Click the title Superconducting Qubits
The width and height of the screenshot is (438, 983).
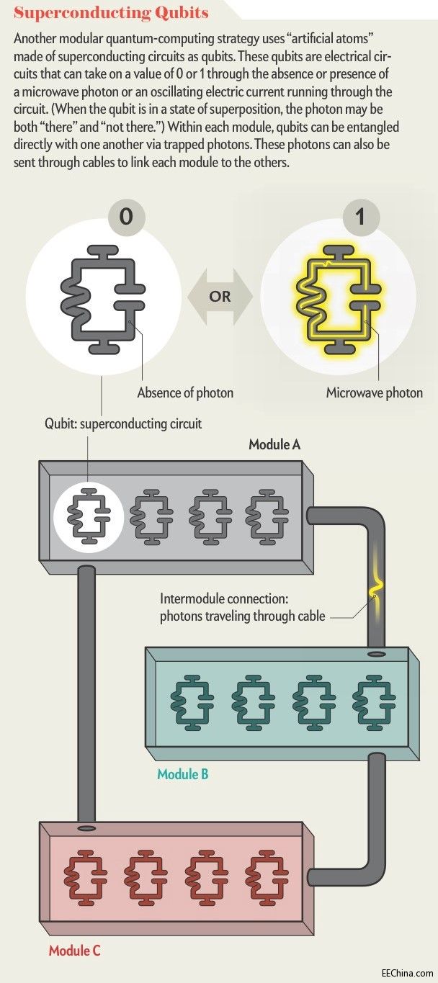(x=112, y=13)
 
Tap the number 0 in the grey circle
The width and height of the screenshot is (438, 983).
(x=126, y=216)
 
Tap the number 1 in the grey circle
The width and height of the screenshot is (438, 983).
(x=361, y=216)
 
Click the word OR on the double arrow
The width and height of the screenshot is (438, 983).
(x=221, y=296)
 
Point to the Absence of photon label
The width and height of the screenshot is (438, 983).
(x=185, y=393)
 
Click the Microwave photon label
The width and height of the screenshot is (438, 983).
(x=374, y=393)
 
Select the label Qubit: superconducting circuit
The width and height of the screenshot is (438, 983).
(x=123, y=423)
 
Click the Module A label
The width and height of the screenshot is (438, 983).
(x=274, y=444)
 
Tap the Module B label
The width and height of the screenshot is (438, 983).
(x=183, y=775)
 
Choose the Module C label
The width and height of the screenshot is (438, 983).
(x=74, y=951)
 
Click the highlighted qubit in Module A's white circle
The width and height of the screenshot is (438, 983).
(x=87, y=516)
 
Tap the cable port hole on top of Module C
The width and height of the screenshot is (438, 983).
(x=86, y=828)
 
